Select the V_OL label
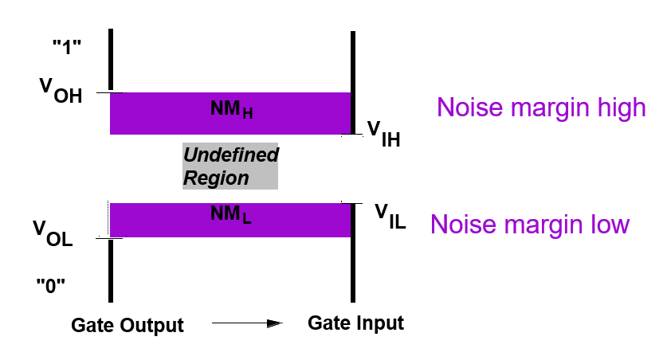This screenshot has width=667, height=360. pyautogui.click(x=53, y=233)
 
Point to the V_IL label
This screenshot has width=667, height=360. pyautogui.click(x=390, y=216)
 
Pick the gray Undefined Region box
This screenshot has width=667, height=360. pyautogui.click(x=230, y=166)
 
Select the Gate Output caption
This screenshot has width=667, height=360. pyautogui.click(x=128, y=325)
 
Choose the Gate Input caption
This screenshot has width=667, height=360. pyautogui.click(x=356, y=323)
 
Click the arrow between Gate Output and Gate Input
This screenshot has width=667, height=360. pyautogui.click(x=247, y=324)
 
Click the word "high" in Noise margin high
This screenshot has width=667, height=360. pyautogui.click(x=618, y=108)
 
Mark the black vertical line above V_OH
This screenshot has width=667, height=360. pyautogui.click(x=111, y=60)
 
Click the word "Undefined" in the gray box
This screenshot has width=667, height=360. pyautogui.click(x=231, y=155)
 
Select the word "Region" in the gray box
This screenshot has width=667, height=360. pyautogui.click(x=217, y=178)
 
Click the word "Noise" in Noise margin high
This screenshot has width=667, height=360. pyautogui.click(x=465, y=108)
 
